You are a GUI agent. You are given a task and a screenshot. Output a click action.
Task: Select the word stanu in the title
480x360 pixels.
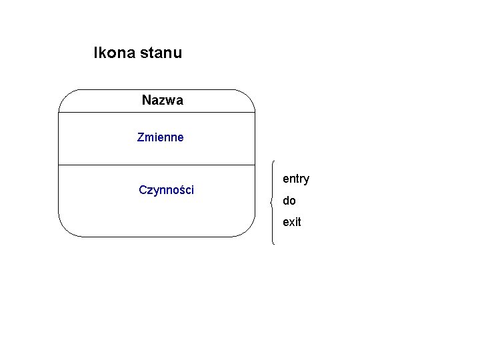[x=161, y=53]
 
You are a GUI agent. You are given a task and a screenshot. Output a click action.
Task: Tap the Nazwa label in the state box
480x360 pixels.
[x=162, y=101]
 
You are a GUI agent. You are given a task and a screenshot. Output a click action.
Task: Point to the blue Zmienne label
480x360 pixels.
[x=160, y=138]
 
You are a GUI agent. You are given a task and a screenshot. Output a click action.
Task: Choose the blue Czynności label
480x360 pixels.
[x=166, y=190]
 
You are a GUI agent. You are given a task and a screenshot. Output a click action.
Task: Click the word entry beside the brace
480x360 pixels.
[x=296, y=179]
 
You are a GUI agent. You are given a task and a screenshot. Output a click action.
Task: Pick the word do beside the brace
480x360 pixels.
[x=289, y=201]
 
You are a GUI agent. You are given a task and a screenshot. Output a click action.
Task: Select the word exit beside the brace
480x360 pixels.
[x=292, y=222]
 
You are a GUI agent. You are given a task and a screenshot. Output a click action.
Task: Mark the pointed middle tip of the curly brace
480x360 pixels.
[x=270, y=202]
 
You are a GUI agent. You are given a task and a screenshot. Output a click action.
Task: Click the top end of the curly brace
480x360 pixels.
[x=274, y=161]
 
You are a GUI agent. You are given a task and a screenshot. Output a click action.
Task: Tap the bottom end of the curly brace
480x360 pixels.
[x=274, y=244]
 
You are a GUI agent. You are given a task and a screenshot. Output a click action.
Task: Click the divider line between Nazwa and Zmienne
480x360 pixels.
[x=157, y=113]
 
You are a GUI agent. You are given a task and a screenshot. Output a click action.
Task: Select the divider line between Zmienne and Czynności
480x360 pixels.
[x=157, y=165]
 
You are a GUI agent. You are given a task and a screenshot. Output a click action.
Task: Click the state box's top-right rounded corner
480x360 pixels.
[x=249, y=97]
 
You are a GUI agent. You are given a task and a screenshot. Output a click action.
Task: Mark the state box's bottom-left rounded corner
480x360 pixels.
[x=65, y=229]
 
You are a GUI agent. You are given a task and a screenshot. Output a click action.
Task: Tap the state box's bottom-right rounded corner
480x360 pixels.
[x=248, y=229]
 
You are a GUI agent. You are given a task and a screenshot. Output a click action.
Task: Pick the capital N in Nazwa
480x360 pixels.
[x=146, y=101]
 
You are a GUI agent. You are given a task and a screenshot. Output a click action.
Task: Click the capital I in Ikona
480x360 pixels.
[x=96, y=53]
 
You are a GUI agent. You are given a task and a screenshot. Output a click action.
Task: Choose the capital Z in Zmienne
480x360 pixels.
[x=140, y=138]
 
